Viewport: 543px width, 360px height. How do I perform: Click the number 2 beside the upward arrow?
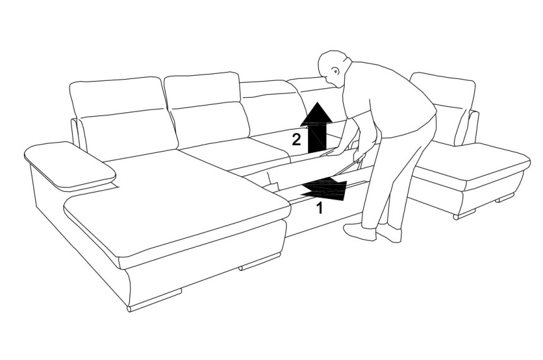(296, 140)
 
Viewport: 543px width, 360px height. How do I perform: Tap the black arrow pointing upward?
(316, 128)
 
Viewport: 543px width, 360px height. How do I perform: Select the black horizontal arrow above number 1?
(324, 188)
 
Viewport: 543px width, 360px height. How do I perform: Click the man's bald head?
(333, 65)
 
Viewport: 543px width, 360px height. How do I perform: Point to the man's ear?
(337, 71)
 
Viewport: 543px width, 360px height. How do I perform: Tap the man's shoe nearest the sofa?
(359, 232)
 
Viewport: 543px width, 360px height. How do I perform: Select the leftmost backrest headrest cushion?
(116, 96)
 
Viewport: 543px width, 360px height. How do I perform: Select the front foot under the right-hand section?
(465, 214)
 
